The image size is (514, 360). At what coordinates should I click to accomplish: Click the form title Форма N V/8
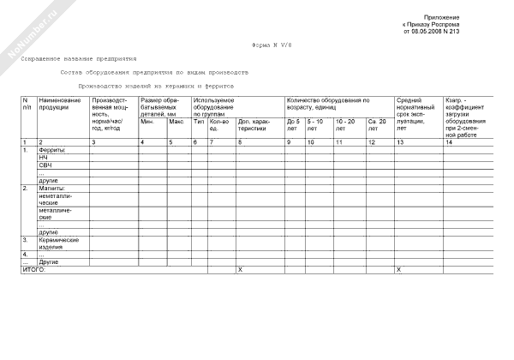pyautogui.click(x=271, y=44)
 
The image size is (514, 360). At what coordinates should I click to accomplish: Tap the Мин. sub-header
pyautogui.click(x=147, y=121)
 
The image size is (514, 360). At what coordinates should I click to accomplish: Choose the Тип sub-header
pyautogui.click(x=199, y=121)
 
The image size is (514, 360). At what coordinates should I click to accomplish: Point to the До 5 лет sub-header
pyautogui.click(x=293, y=125)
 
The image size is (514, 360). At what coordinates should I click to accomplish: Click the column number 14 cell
pyautogui.click(x=451, y=141)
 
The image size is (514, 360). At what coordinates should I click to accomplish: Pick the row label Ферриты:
pyautogui.click(x=53, y=150)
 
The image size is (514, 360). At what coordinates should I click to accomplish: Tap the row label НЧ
pyautogui.click(x=44, y=158)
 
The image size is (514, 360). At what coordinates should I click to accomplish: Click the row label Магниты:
pyautogui.click(x=53, y=188)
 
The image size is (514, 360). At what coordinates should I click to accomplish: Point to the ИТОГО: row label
pyautogui.click(x=33, y=270)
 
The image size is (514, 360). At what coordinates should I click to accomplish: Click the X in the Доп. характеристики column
pyautogui.click(x=240, y=270)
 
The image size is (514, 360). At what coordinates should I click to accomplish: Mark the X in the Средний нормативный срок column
pyautogui.click(x=398, y=270)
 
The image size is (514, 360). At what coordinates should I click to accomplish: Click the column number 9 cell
pyautogui.click(x=289, y=141)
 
